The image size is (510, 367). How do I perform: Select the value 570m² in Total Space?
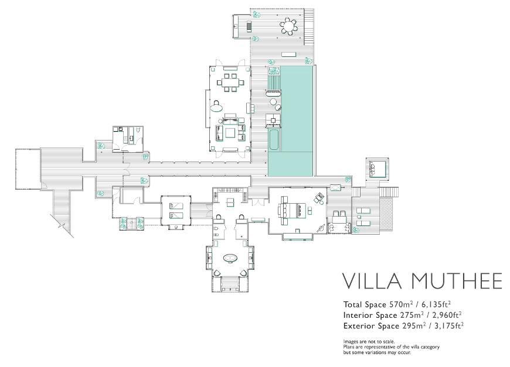pyautogui.click(x=401, y=304)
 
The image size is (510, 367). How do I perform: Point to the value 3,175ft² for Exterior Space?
pyautogui.click(x=449, y=325)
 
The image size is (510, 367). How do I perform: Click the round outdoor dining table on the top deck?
pyautogui.click(x=289, y=26)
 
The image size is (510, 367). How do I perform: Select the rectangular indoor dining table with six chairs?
pyautogui.click(x=230, y=83)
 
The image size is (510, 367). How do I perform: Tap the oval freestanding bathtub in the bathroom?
pyautogui.click(x=230, y=258)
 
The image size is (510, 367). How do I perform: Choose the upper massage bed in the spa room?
pyautogui.click(x=175, y=205)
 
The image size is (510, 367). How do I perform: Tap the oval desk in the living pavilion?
pyautogui.click(x=216, y=106)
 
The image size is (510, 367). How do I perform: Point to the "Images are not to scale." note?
pyautogui.click(x=369, y=341)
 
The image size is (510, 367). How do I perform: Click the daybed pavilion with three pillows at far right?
pyautogui.click(x=378, y=169)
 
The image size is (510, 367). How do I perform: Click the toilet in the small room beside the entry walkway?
pyautogui.click(x=139, y=130)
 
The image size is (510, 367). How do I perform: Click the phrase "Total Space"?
pyautogui.click(x=365, y=304)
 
